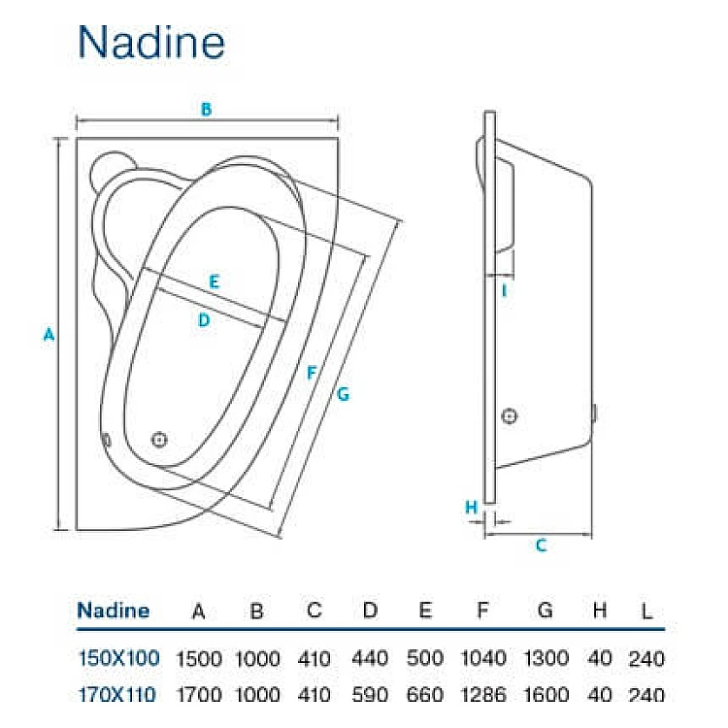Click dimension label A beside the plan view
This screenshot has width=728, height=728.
48,335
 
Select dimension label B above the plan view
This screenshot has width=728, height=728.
206,110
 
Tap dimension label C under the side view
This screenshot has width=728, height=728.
542,546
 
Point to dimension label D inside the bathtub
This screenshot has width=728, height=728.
204,320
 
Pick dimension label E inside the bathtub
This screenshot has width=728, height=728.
215,282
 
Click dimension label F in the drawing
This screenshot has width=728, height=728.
312,373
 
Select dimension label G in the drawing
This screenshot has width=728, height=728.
343,393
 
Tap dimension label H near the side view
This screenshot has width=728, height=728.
471,507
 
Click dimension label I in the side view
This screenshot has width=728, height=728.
505,289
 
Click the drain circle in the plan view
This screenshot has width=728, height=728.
160,439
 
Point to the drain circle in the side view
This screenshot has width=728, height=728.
510,416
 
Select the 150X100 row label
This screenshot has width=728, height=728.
118,658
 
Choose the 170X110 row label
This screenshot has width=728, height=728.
118,694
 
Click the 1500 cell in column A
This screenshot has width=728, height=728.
198,658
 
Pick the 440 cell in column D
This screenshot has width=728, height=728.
369,658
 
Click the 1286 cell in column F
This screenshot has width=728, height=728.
482,694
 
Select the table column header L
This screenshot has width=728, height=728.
646,612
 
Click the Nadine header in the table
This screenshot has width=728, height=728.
114,611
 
